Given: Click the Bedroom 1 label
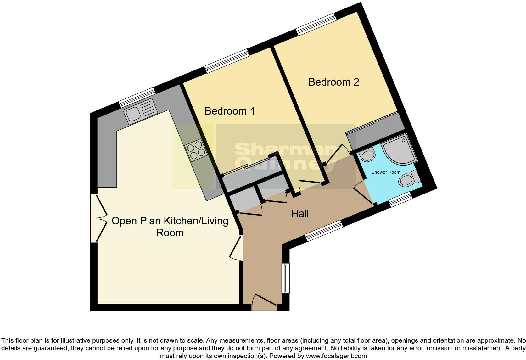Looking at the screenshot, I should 230,111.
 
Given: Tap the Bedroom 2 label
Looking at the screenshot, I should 333,82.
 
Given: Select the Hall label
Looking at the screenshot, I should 300,214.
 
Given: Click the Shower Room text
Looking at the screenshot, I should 386,172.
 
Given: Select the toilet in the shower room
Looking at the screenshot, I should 409,179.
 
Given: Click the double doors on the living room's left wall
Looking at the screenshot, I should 99,218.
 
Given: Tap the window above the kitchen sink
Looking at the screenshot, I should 137,98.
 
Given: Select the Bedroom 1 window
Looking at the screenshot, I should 227,61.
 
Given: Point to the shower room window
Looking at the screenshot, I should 400,200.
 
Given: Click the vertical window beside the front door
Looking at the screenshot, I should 286,278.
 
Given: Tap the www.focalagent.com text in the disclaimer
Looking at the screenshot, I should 336,356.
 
